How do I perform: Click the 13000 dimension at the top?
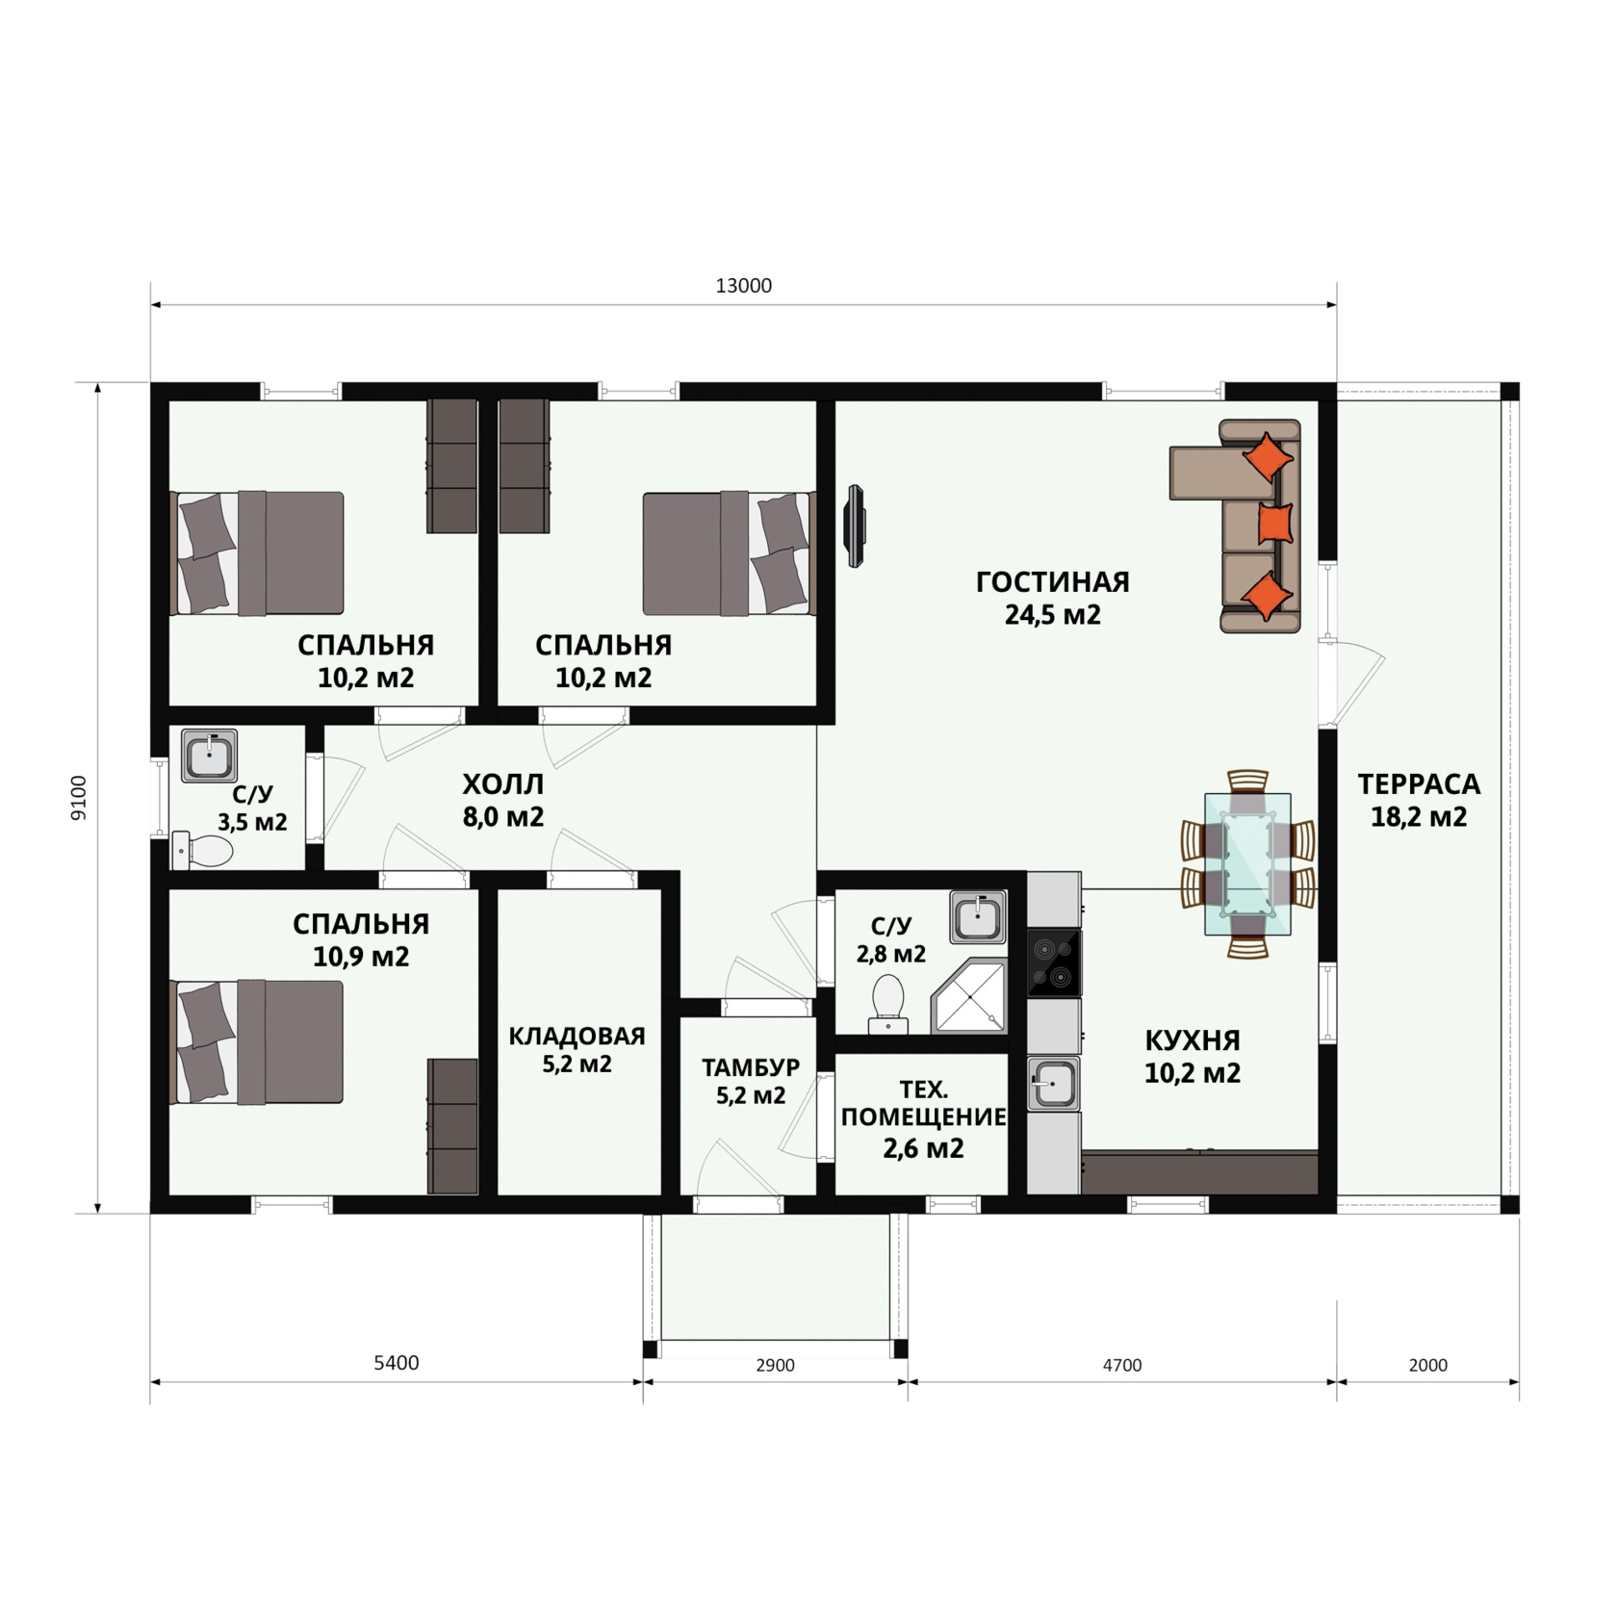[x=743, y=286]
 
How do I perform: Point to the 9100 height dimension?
[x=79, y=798]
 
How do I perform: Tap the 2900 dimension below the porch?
[x=775, y=1365]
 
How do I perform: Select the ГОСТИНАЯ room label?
[x=1052, y=582]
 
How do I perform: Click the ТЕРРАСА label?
[x=1419, y=784]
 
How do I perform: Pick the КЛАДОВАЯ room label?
[x=577, y=1037]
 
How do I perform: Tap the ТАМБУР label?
[x=751, y=1067]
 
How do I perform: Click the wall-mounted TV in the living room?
[x=855, y=526]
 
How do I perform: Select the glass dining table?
[x=1247, y=864]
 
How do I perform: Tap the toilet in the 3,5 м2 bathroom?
[x=203, y=851]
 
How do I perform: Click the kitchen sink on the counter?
[x=1053, y=1084]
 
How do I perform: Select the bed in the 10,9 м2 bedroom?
[x=257, y=1041]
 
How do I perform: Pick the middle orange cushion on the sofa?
[x=1275, y=524]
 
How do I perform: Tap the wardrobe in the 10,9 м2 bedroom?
[x=452, y=1126]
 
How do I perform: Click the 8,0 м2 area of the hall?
[x=502, y=817]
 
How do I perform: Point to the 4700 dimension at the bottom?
[x=1121, y=1365]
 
